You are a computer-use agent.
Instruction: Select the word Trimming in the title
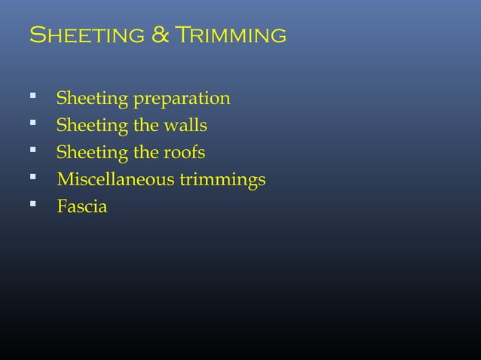point(229,35)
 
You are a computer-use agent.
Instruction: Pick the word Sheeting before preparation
point(93,99)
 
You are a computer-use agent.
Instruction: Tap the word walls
point(185,126)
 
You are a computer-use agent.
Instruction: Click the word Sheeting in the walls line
point(93,126)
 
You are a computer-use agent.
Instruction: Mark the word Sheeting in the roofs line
point(93,153)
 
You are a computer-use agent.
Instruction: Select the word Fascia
point(82,206)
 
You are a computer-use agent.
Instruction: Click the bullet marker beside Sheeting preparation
point(32,97)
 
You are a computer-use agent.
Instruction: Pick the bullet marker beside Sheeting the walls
point(32,124)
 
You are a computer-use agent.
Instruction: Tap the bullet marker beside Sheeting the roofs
point(32,151)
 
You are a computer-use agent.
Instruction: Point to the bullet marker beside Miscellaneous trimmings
point(32,178)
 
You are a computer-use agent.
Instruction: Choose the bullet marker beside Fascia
point(32,206)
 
